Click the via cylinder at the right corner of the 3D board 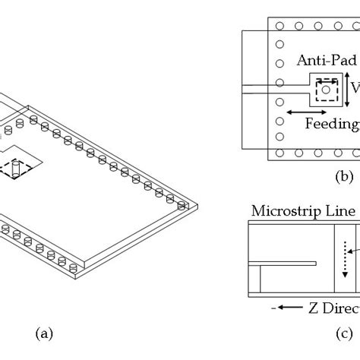pyautogui.click(x=182, y=206)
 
